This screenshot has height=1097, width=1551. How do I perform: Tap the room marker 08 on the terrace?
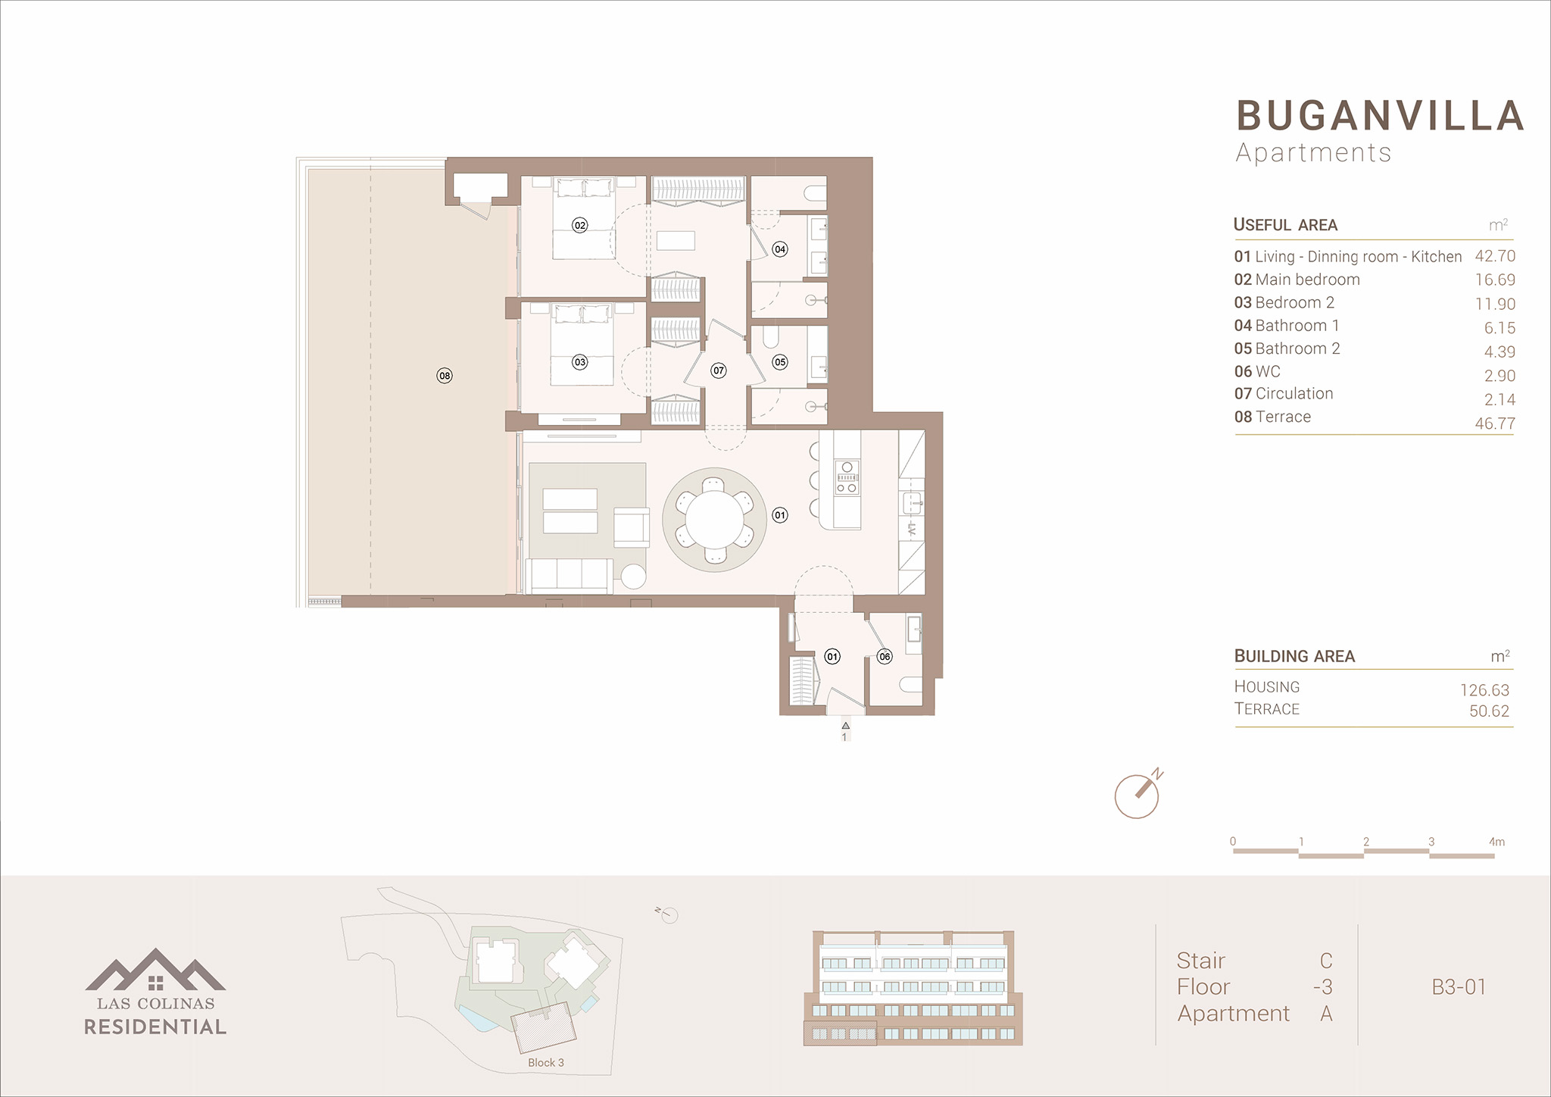[445, 376]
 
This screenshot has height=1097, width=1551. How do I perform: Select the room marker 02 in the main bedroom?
[580, 225]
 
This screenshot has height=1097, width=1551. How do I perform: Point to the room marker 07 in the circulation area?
[719, 370]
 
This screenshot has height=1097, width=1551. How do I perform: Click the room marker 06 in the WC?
[885, 657]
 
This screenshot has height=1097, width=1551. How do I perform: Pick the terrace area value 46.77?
[1495, 423]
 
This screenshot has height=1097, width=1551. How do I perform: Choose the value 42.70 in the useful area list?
[1495, 256]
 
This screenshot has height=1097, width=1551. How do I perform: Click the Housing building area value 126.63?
[1484, 690]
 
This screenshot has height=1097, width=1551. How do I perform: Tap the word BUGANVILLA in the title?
[1380, 116]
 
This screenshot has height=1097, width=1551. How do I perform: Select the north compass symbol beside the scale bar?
[1138, 795]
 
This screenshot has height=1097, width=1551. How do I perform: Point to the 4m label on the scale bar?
[1496, 842]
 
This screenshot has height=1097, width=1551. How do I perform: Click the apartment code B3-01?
[1459, 987]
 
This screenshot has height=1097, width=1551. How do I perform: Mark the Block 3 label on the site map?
[546, 1062]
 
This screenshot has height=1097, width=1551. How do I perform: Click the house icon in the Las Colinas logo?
[155, 982]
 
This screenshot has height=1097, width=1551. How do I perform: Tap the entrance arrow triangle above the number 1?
[845, 726]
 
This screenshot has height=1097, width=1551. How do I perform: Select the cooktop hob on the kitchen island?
[847, 478]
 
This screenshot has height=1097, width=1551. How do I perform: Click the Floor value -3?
[1322, 987]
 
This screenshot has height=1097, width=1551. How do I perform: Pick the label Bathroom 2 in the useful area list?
[1297, 348]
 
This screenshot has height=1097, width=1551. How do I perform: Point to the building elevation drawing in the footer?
[913, 989]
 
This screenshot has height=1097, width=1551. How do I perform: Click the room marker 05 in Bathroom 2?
[780, 362]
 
